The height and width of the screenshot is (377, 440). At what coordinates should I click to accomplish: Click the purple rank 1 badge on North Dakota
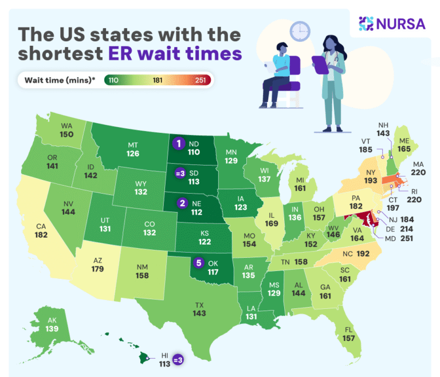click(x=179, y=143)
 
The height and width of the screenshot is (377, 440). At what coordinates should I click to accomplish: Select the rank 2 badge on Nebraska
click(x=182, y=202)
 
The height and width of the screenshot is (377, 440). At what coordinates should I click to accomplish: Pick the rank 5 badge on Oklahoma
click(x=199, y=263)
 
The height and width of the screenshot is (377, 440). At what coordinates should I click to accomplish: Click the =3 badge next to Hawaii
click(x=178, y=359)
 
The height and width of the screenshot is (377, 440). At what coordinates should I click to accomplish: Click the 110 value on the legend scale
click(x=113, y=80)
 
